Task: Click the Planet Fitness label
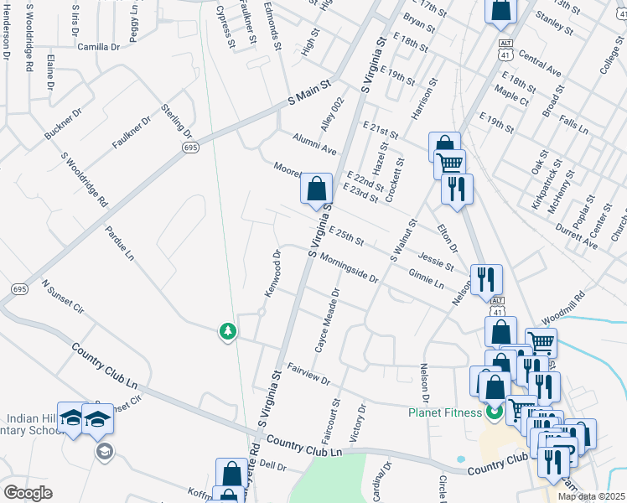pos(445,412)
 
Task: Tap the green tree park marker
pos(227,333)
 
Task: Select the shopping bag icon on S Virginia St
pos(316,190)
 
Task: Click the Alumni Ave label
pos(313,143)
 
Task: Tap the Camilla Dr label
pos(98,47)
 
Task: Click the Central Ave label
pos(540,62)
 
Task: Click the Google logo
pos(28,492)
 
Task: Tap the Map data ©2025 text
pos(590,496)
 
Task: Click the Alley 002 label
pos(333,115)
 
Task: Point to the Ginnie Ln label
pos(427,277)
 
